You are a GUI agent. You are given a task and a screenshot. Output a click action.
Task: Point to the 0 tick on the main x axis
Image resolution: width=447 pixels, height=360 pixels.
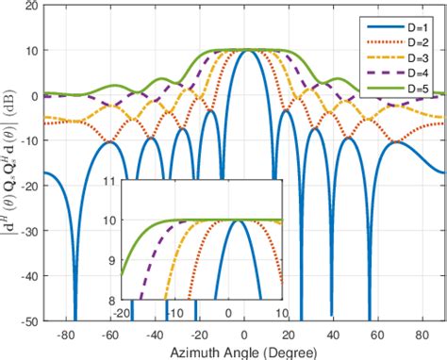[244, 334]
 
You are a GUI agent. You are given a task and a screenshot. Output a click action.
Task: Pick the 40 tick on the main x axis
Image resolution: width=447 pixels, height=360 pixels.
[333, 334]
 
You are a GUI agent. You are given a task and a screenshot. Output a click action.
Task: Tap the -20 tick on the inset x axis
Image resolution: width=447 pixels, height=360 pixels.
[122, 311]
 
